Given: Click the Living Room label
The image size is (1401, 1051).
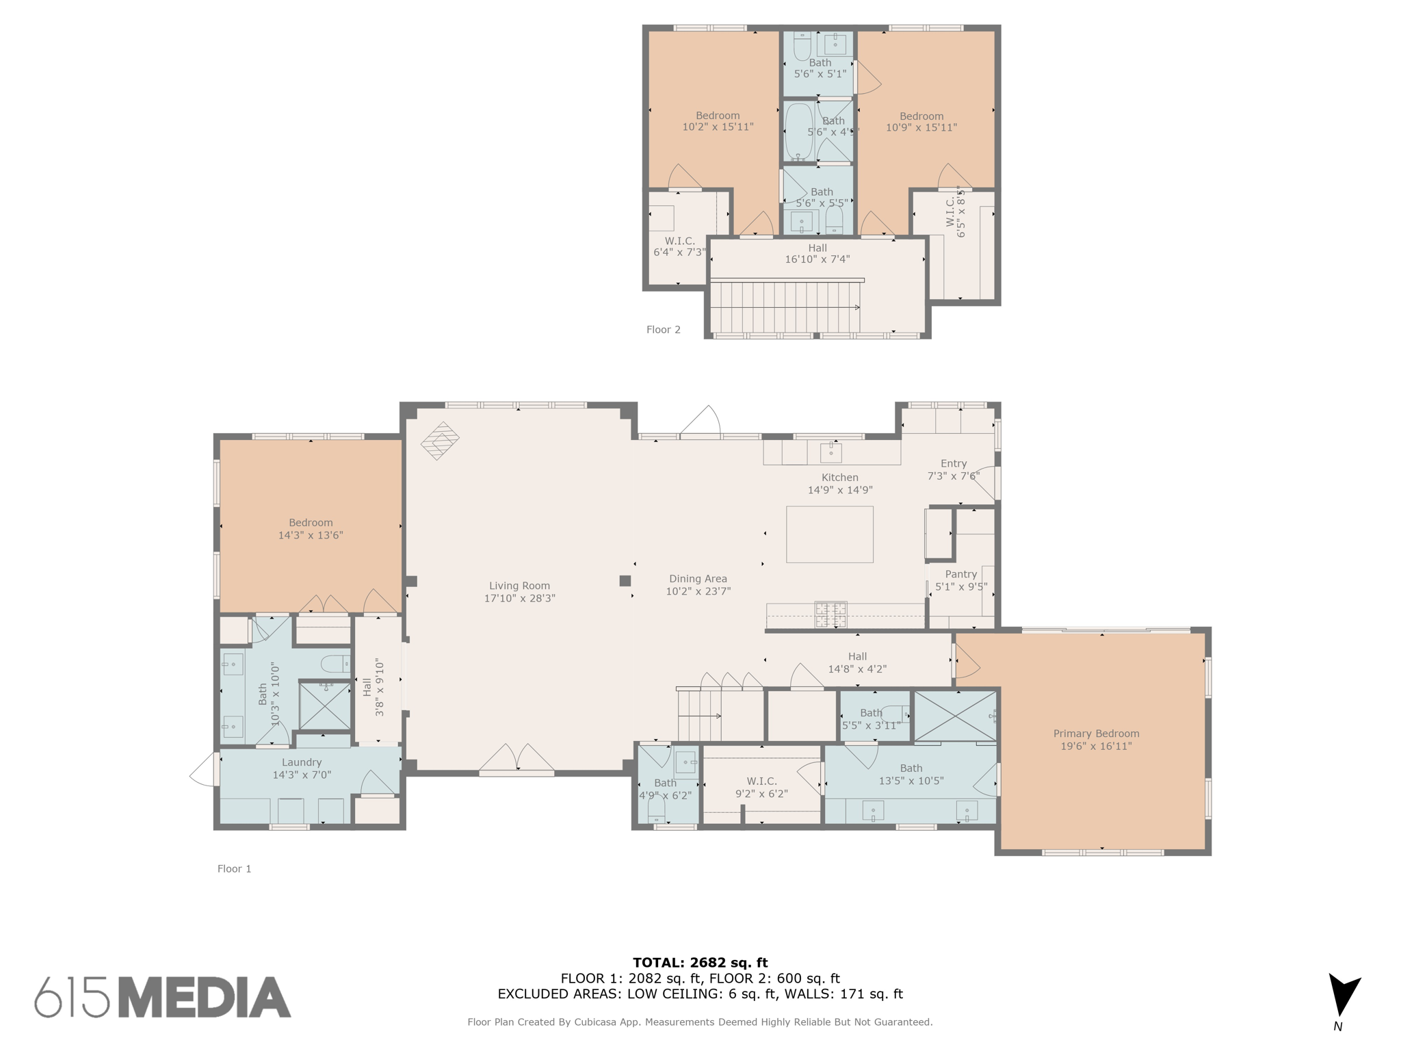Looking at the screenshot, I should pos(519,586).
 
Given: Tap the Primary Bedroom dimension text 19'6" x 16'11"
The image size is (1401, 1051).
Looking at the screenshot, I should pos(1096,746).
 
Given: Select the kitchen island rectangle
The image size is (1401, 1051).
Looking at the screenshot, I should pos(829,534).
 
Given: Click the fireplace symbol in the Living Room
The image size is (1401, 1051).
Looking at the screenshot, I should pos(439,441).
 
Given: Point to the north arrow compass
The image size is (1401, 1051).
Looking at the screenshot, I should pos(1343,998).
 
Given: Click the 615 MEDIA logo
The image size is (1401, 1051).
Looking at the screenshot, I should pos(163,997).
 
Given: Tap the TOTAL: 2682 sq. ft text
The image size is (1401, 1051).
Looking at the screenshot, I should pos(700,963).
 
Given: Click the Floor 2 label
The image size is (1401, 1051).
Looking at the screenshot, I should pos(663,330).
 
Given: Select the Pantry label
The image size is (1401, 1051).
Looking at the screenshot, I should pos(960,575).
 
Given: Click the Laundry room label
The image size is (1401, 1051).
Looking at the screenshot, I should pos(301,762).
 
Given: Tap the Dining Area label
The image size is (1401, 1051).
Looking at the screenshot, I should pos(698,579).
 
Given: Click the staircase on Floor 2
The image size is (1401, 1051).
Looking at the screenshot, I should pos(785,307).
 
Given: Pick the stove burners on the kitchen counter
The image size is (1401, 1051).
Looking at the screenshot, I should pos(830,614).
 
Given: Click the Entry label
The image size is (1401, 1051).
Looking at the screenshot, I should pos(953,463).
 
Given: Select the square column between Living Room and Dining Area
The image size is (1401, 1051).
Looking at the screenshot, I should pos(625,581).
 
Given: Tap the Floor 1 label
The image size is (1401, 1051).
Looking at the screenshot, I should pos(234,869).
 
